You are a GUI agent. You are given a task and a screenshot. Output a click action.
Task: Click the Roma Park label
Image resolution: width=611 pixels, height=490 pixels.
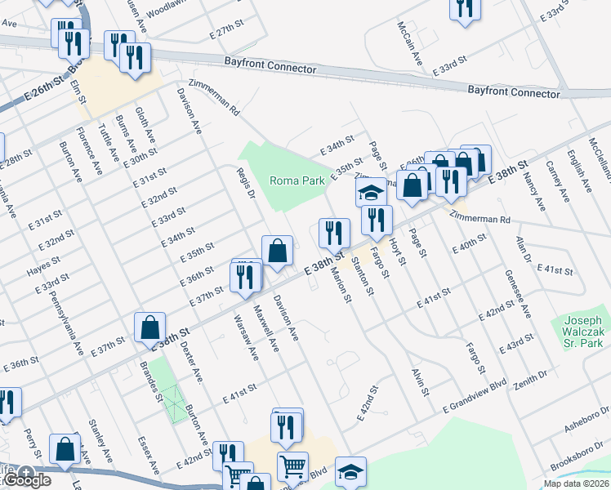tap(297, 180)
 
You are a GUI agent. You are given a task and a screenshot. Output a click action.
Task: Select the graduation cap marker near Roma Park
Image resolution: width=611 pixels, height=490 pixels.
tap(371, 193)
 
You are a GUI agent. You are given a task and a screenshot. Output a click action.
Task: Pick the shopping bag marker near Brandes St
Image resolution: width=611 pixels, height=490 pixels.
tap(151, 327)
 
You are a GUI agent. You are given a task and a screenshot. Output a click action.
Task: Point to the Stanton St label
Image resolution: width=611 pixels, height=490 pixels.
tap(366, 276)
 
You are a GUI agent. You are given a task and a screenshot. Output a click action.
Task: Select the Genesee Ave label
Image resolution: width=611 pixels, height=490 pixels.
tap(518, 294)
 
